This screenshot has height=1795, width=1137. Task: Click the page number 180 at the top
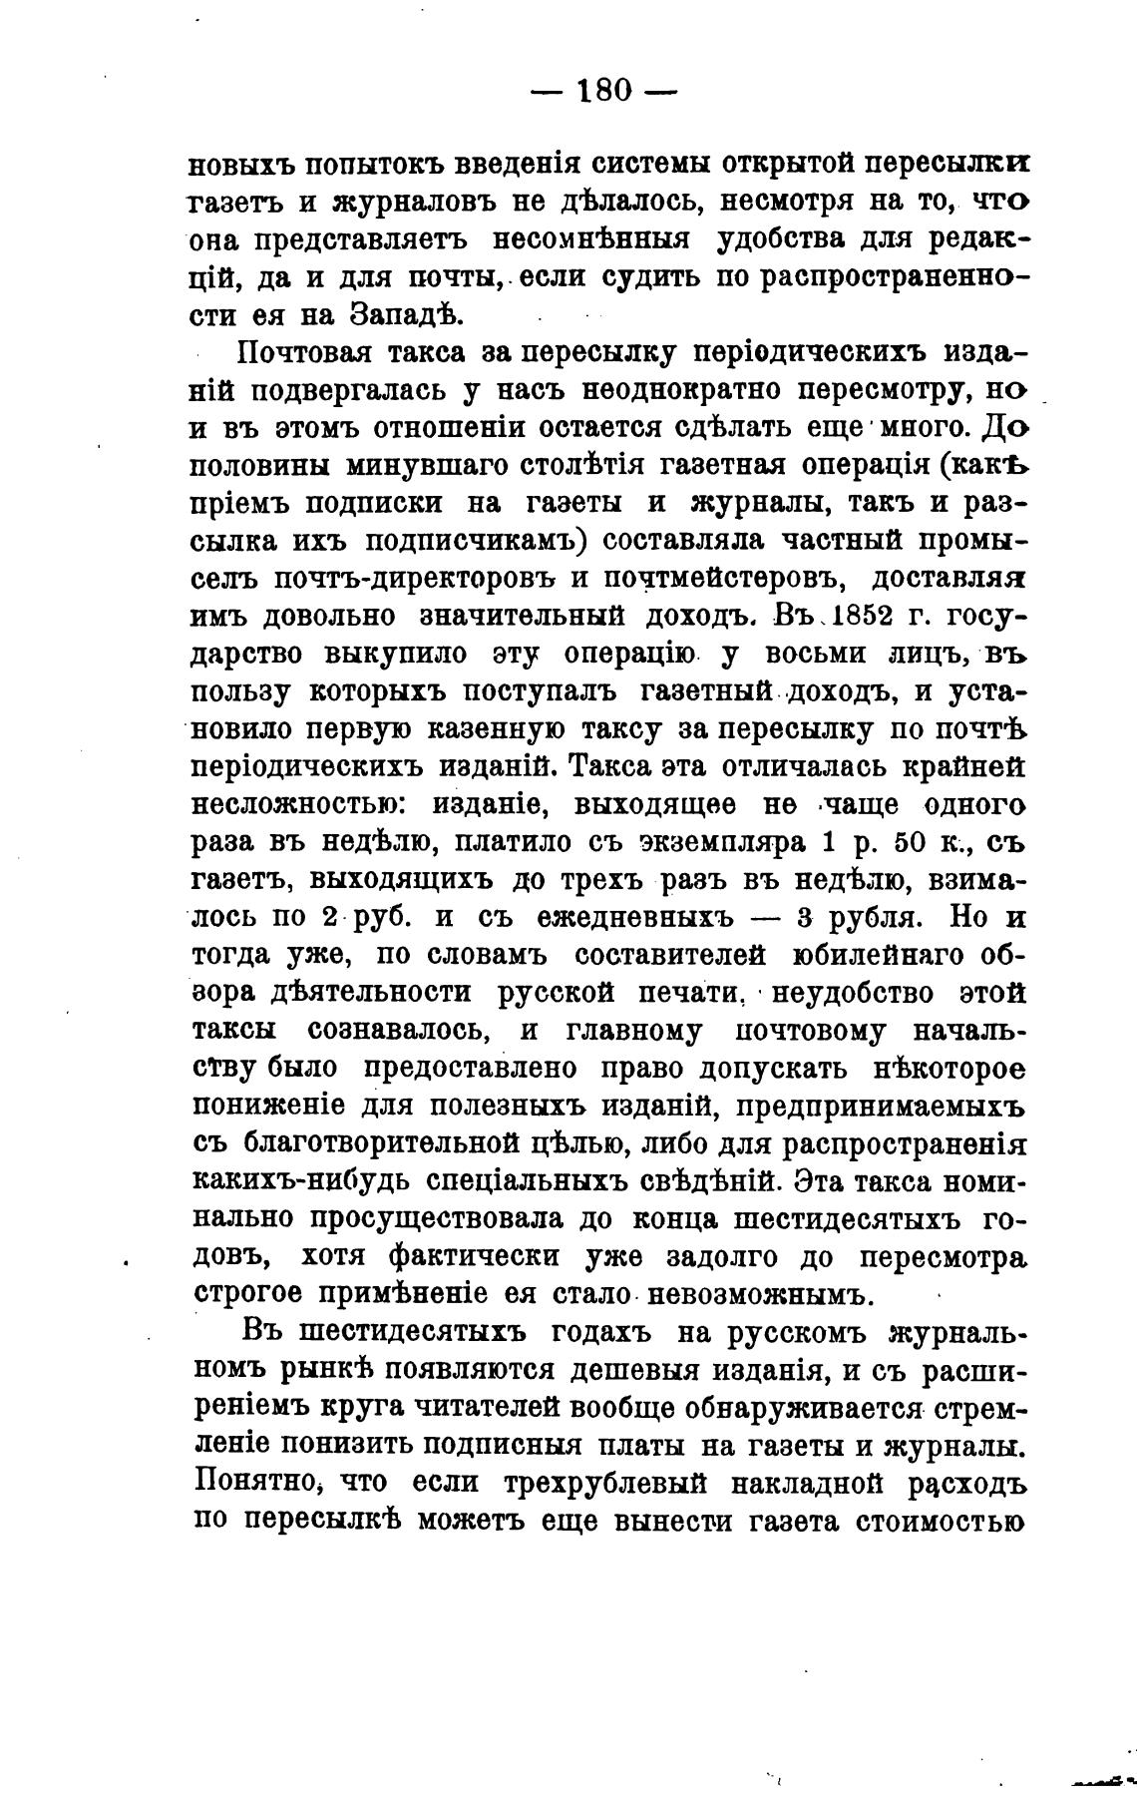604,91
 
